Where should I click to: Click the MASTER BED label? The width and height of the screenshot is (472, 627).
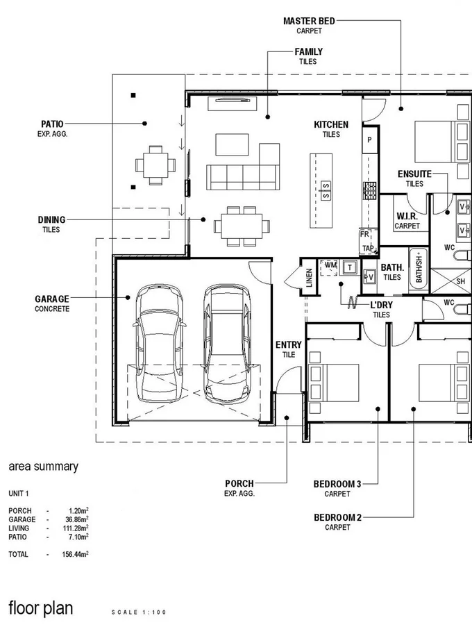coord(309,22)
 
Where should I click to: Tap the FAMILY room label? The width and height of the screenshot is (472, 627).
coord(308,52)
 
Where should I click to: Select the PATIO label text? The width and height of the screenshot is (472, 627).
coord(52,124)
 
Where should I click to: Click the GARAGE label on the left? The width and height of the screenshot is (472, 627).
coord(52,299)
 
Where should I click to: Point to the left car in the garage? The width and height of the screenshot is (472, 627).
coord(160,344)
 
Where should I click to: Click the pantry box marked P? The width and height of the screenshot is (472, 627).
coord(369,140)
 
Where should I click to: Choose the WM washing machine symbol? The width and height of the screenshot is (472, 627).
coord(330,265)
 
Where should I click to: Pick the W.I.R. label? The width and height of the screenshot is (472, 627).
coord(407,217)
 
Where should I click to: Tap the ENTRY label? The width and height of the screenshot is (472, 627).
coord(289,345)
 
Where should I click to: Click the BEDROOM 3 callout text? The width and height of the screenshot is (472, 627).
coord(337,484)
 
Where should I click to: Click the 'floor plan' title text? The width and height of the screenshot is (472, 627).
coord(40,608)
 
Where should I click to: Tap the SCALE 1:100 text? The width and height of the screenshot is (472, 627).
coord(139,612)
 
